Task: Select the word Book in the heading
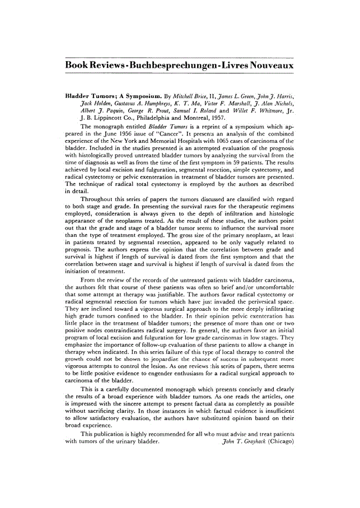80,66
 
